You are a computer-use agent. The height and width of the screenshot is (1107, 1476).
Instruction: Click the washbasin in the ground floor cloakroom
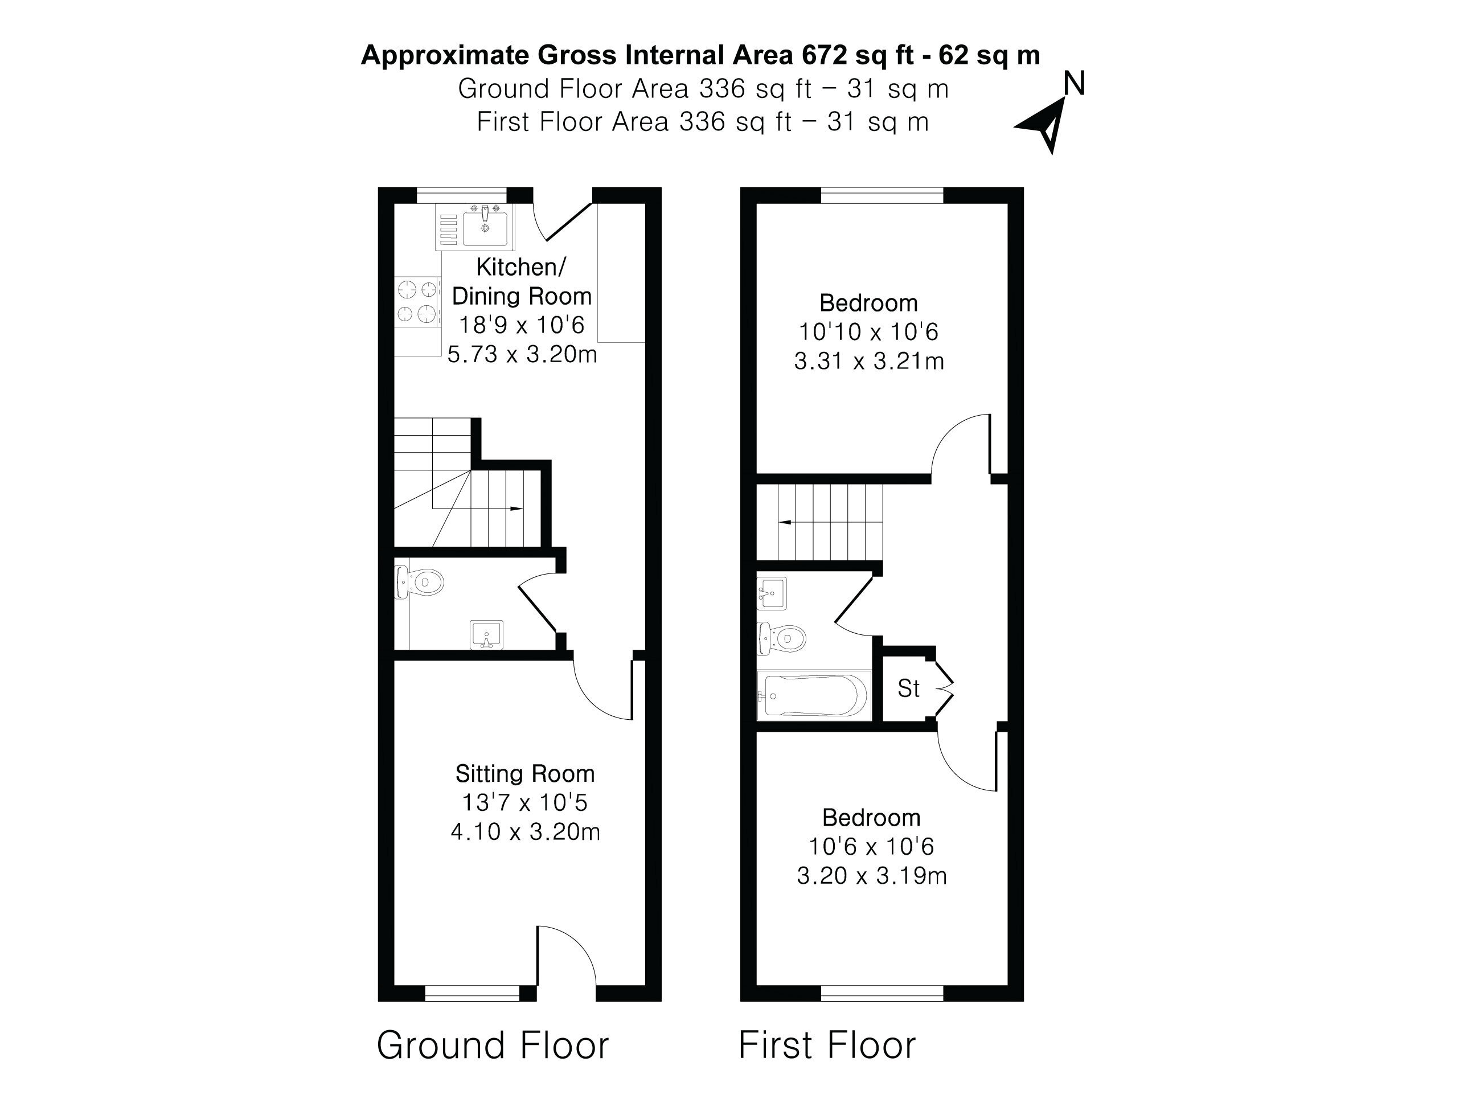click(486, 634)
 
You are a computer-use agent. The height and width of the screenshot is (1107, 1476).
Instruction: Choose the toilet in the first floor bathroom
click(781, 638)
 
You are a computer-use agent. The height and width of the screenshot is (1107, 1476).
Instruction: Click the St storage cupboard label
click(908, 688)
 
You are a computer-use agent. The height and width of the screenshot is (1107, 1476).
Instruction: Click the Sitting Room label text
click(525, 773)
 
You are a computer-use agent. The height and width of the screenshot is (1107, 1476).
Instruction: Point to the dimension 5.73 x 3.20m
click(522, 354)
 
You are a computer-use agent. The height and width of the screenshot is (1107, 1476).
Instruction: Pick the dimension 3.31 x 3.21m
click(869, 361)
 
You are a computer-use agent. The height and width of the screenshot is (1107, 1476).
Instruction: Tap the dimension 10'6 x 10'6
click(871, 846)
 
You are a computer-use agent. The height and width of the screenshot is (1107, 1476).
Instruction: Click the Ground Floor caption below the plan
click(493, 1045)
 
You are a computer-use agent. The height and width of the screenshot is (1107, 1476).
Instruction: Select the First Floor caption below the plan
click(827, 1045)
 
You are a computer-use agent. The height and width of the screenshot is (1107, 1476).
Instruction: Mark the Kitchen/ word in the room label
click(521, 267)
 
